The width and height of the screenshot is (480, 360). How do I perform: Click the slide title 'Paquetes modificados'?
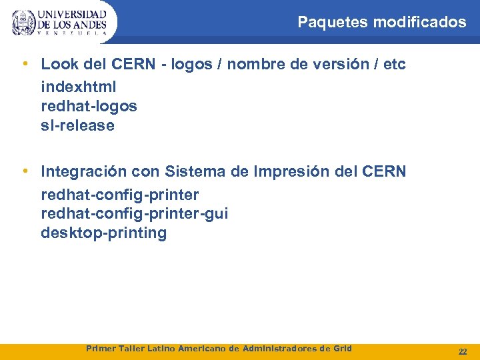[x=381, y=22]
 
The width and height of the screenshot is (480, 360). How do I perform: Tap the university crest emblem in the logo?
[x=23, y=22]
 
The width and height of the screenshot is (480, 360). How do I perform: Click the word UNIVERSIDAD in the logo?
[x=72, y=14]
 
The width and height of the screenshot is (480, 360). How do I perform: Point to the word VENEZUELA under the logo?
[x=71, y=33]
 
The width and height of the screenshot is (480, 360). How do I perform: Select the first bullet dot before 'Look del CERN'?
[x=25, y=64]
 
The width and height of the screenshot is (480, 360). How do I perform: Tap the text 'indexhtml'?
[x=78, y=87]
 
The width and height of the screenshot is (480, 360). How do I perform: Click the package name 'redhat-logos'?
[x=89, y=107]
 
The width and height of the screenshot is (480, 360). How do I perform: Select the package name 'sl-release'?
[x=77, y=126]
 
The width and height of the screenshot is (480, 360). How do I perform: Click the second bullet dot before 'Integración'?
[x=25, y=171]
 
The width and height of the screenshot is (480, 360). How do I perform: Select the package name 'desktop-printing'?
[x=103, y=233]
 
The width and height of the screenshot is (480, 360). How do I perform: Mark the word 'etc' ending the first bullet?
[x=393, y=65]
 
